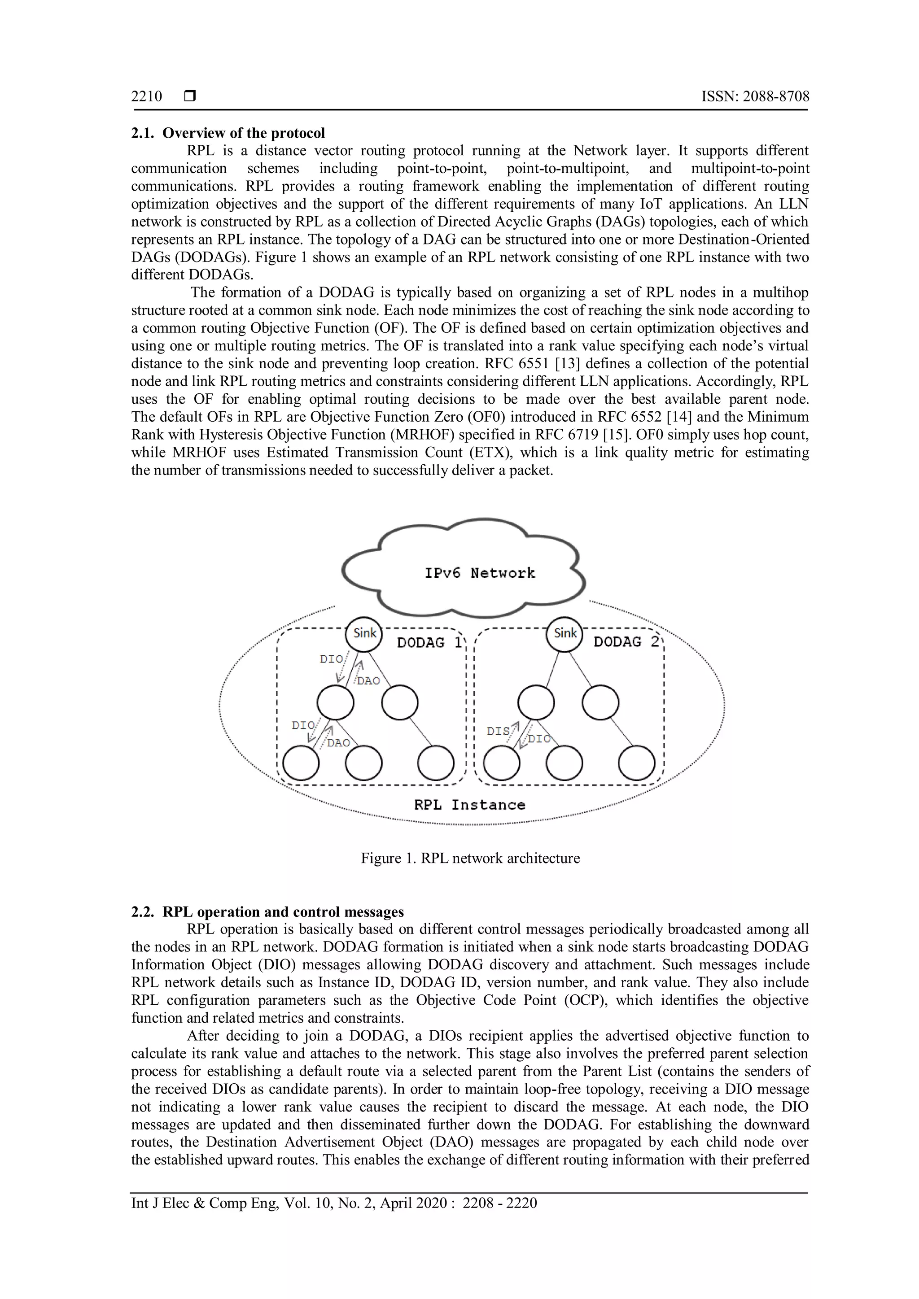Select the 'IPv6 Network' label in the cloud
(479, 573)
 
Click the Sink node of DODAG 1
(364, 634)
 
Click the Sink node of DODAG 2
(565, 634)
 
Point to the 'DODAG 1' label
(429, 643)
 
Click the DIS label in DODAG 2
(498, 732)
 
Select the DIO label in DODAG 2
(539, 739)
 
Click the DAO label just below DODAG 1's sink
(368, 681)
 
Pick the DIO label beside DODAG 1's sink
(331, 659)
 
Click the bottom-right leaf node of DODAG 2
(637, 763)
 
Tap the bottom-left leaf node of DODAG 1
(301, 763)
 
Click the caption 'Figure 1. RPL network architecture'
(470, 858)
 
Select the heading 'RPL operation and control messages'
(283, 912)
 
